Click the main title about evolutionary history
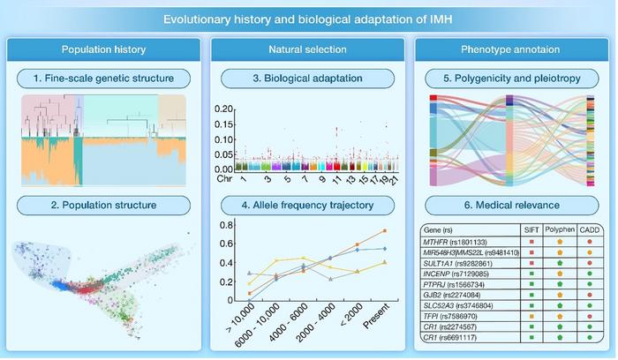[x=309, y=17]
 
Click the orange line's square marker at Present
[x=385, y=231]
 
